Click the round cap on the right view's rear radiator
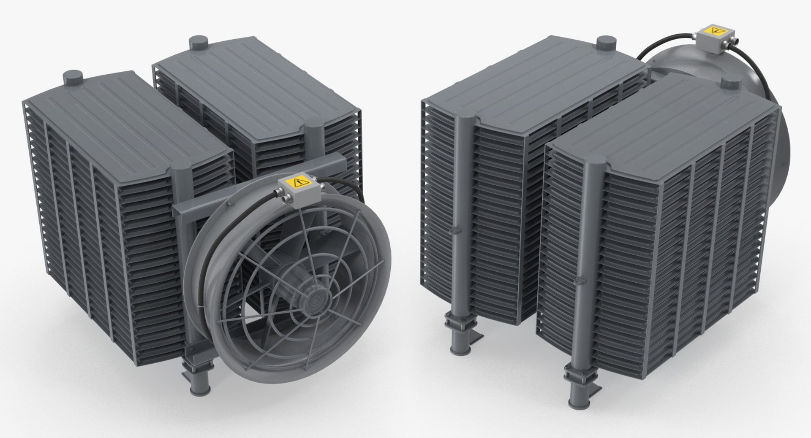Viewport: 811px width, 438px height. [x=604, y=43]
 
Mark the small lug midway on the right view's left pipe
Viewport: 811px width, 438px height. [x=452, y=230]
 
